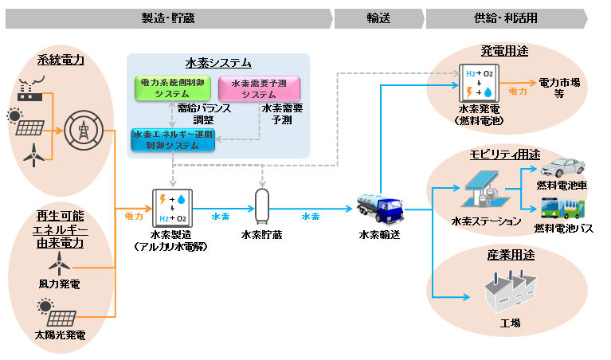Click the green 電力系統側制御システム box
click(x=173, y=88)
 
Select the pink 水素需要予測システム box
click(x=259, y=88)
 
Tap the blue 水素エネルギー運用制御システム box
click(x=173, y=140)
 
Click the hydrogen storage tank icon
click(x=262, y=206)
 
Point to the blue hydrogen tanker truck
click(x=380, y=209)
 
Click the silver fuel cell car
click(x=562, y=167)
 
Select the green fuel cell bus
click(x=562, y=209)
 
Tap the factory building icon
click(x=511, y=292)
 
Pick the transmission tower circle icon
click(x=84, y=131)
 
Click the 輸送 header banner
click(x=379, y=18)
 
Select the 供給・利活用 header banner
click(x=507, y=18)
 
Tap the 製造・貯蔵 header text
click(x=168, y=18)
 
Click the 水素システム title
click(x=218, y=63)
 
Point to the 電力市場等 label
click(x=559, y=88)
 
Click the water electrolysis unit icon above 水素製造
click(x=172, y=208)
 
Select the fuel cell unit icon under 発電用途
click(x=479, y=83)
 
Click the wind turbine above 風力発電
click(x=59, y=264)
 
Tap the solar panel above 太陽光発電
click(x=57, y=312)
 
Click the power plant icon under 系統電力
click(x=31, y=89)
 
